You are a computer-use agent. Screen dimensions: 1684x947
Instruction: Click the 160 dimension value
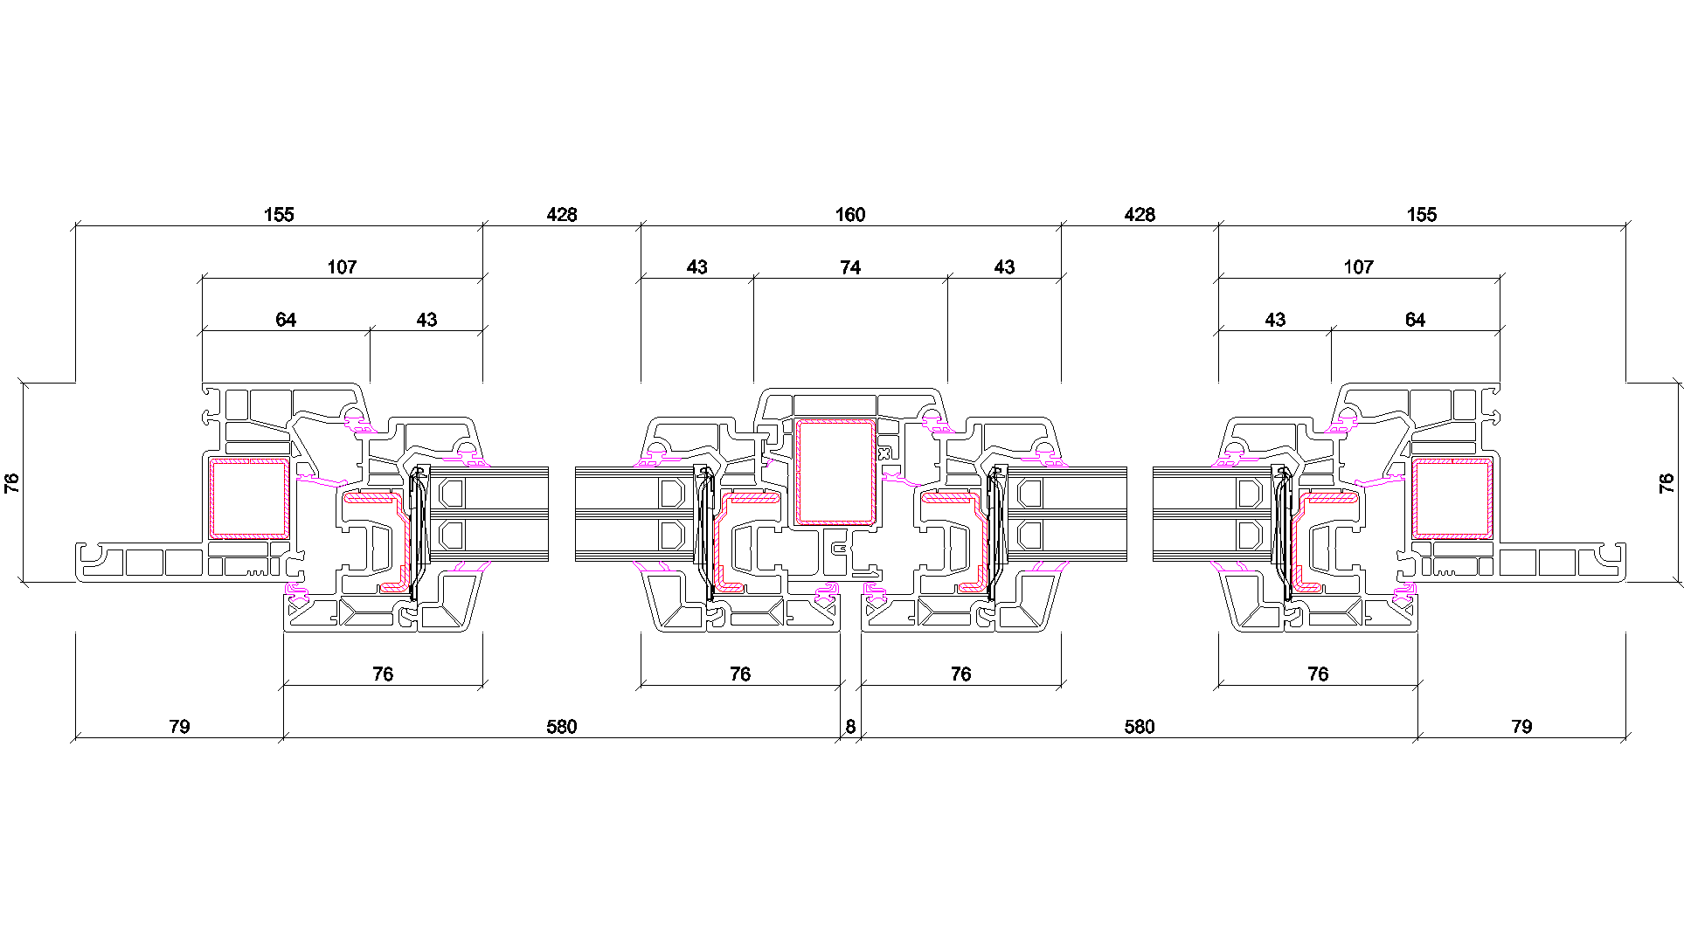(x=849, y=215)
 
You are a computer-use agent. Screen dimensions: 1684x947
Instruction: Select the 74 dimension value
(x=850, y=267)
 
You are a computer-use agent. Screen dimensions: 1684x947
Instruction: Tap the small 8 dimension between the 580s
(x=850, y=727)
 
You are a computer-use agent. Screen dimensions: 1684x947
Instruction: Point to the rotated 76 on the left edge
(x=12, y=483)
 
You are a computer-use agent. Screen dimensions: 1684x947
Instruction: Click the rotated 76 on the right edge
(x=1667, y=483)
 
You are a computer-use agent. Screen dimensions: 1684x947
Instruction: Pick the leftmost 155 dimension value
(x=279, y=215)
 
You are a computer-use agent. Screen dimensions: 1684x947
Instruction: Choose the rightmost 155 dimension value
(x=1421, y=215)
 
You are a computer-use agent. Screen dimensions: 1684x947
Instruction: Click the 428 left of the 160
(x=562, y=215)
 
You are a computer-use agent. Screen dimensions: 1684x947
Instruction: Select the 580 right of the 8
(x=1140, y=727)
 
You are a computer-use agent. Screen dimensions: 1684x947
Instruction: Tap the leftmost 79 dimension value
(x=179, y=727)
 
